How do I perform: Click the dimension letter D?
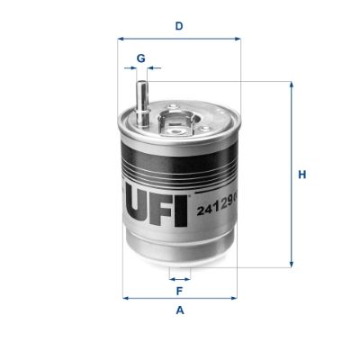[179, 26]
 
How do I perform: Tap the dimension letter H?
[303, 174]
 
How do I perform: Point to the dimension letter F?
[179, 291]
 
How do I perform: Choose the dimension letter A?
[180, 310]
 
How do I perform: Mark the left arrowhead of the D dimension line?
[121, 39]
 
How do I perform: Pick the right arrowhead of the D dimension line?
[238, 39]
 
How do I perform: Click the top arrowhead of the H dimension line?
[291, 85]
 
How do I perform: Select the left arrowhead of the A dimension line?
[125, 297]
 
